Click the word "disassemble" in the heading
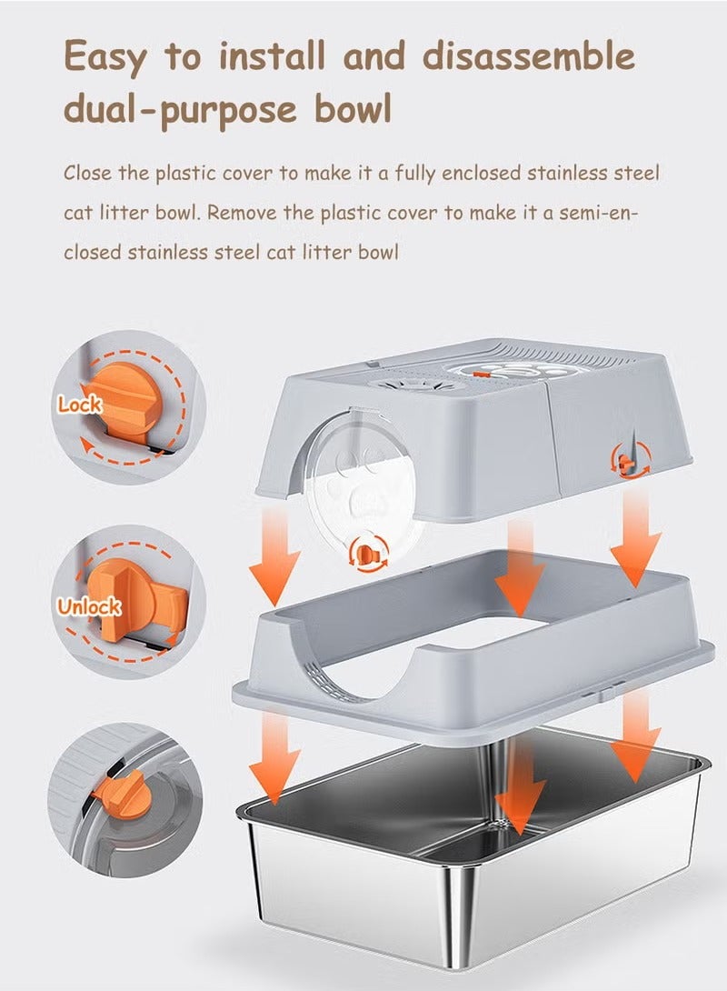tap(529, 55)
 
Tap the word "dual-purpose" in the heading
tap(180, 109)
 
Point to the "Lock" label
tap(80, 405)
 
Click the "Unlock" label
tap(88, 606)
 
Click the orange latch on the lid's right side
tap(626, 464)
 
